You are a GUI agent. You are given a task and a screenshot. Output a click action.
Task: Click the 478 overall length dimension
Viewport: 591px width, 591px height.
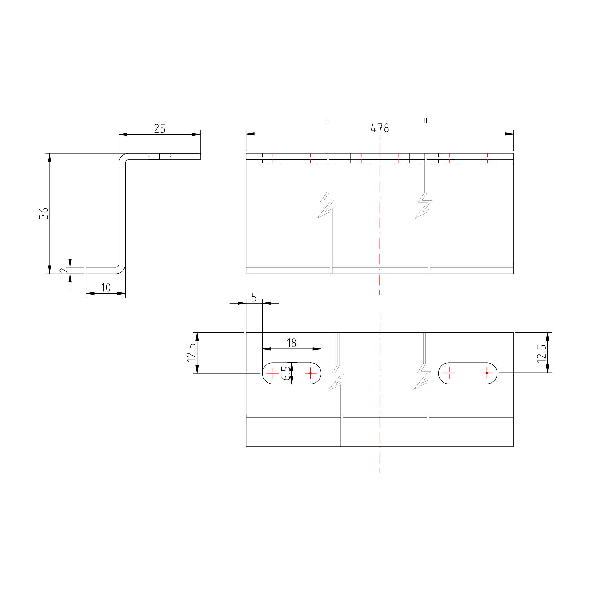380,128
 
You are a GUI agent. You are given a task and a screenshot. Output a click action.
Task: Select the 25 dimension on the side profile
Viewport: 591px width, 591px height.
159,128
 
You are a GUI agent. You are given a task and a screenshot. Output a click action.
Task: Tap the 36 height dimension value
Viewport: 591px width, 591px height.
44,213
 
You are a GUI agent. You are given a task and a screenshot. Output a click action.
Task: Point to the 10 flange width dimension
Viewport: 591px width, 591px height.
106,287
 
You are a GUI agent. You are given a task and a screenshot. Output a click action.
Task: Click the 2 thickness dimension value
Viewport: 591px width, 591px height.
64,270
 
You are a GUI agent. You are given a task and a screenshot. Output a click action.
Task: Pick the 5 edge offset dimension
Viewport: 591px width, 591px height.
254,297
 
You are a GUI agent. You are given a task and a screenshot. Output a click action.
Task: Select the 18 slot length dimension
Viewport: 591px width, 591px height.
291,343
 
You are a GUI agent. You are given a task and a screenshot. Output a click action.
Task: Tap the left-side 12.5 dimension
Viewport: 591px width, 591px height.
191,353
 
